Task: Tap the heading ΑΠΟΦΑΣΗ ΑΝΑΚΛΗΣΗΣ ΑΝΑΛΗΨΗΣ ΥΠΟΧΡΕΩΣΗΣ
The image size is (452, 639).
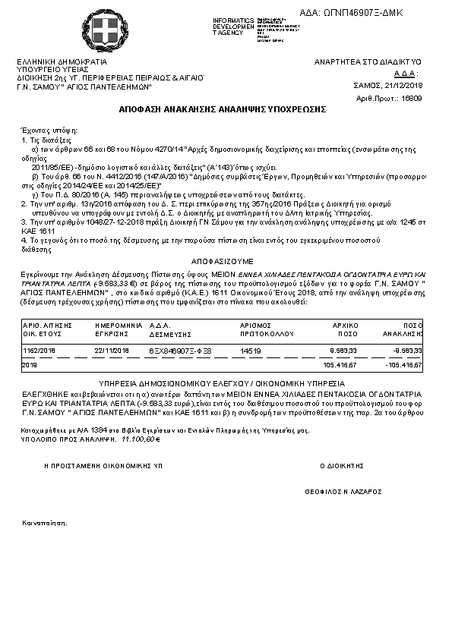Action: (x=223, y=110)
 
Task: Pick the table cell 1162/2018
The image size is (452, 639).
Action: (x=39, y=351)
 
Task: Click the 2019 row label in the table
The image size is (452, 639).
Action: (x=30, y=365)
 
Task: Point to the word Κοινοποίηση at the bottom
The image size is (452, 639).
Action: (x=44, y=523)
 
